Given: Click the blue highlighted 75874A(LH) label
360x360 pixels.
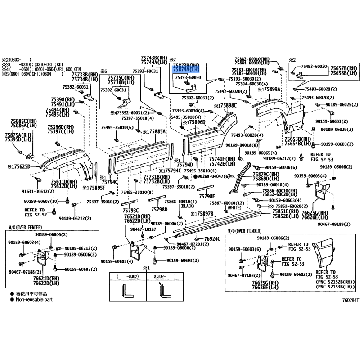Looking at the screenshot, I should coord(185,70).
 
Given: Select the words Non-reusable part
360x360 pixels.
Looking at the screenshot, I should coord(37,299).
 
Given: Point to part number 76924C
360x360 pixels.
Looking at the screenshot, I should coord(211,238).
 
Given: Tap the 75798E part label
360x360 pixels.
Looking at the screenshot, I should coord(207,196).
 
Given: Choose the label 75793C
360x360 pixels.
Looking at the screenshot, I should coord(130,210).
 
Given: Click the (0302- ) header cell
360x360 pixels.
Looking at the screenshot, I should coord(161,275).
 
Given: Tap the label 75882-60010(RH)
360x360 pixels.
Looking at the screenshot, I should coord(252,59).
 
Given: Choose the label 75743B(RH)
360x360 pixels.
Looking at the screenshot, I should coord(153,58).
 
